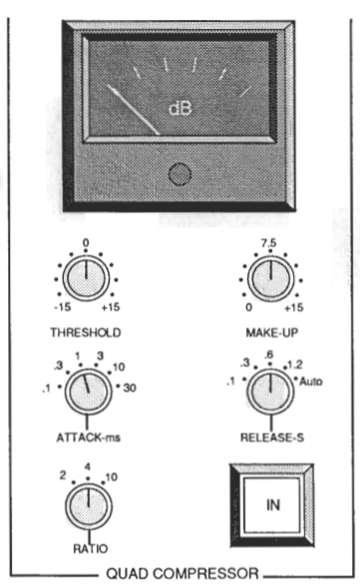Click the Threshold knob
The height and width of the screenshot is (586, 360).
click(x=86, y=278)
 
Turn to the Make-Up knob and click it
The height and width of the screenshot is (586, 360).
click(x=270, y=279)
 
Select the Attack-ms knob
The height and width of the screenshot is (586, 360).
click(x=88, y=392)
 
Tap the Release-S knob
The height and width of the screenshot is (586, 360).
click(x=270, y=392)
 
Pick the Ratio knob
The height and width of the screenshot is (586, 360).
click(x=89, y=506)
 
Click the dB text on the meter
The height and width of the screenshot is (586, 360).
click(x=180, y=109)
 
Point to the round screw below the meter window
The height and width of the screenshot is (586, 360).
click(x=180, y=174)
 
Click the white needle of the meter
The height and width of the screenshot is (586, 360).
click(x=134, y=110)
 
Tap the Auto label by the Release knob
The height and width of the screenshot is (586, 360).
click(x=311, y=382)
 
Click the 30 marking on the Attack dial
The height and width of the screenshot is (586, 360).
click(x=130, y=388)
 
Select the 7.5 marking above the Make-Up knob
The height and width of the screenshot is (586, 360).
click(x=269, y=243)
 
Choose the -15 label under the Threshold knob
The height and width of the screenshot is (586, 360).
click(x=63, y=307)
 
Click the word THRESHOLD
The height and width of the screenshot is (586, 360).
click(x=86, y=333)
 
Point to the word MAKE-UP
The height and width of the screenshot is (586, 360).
click(x=272, y=333)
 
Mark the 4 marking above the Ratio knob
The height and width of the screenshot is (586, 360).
click(x=88, y=466)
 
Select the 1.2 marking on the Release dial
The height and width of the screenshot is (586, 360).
click(x=295, y=365)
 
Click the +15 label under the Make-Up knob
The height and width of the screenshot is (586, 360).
click(x=294, y=308)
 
